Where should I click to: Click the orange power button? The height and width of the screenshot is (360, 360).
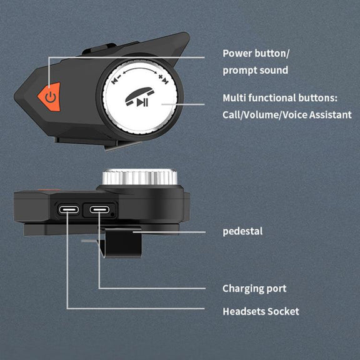pyautogui.click(x=50, y=97)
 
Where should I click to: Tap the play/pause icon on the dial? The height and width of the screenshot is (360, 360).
pyautogui.click(x=142, y=102)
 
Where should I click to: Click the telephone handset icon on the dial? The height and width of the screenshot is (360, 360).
pyautogui.click(x=139, y=96)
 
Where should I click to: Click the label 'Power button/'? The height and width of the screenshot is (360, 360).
pyautogui.click(x=256, y=54)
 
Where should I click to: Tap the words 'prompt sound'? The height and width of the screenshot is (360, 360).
pyautogui.click(x=255, y=70)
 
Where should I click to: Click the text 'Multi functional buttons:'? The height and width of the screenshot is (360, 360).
pyautogui.click(x=280, y=98)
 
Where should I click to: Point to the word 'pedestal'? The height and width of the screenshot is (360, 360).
pyautogui.click(x=242, y=231)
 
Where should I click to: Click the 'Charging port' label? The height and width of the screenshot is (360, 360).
pyautogui.click(x=254, y=289)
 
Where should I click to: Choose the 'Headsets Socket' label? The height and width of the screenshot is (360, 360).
pyautogui.click(x=261, y=311)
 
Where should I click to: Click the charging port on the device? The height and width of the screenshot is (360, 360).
pyautogui.click(x=99, y=209)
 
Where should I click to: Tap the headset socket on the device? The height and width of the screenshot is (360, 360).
pyautogui.click(x=69, y=209)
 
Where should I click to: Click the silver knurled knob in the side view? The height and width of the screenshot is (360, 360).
pyautogui.click(x=140, y=177)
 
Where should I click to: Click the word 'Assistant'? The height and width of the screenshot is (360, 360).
pyautogui.click(x=330, y=114)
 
